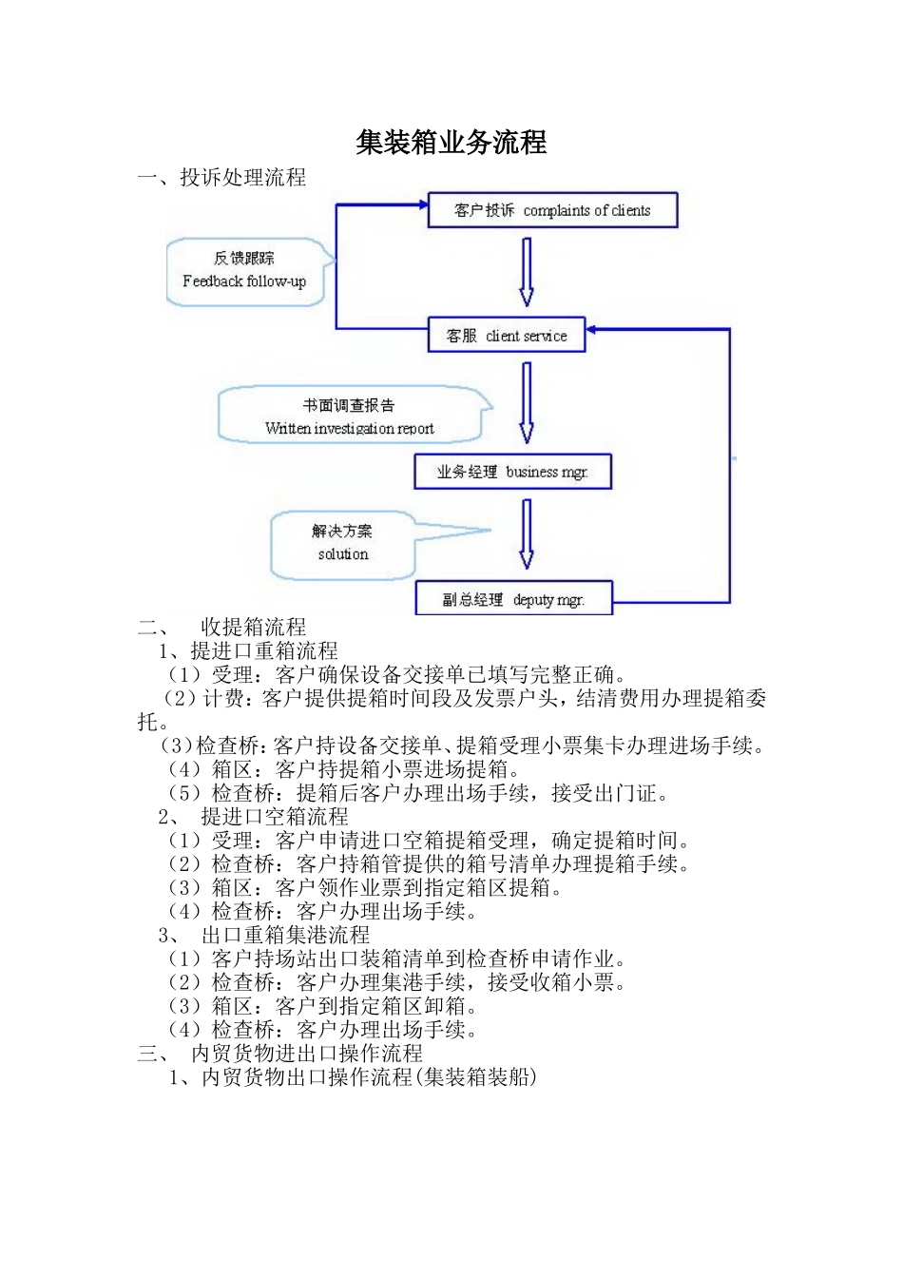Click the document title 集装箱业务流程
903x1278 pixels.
451,143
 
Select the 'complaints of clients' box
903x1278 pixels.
552,210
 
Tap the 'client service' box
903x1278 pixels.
506,336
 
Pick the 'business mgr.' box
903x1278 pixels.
512,472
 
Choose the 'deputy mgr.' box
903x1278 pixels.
513,599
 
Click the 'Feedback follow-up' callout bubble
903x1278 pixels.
245,271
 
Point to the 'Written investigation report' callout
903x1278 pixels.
349,416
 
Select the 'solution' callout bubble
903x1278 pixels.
342,544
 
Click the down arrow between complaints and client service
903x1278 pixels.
526,272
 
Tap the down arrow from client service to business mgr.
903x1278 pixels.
526,403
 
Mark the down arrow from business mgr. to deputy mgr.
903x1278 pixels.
526,534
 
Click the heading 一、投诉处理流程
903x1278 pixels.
221,177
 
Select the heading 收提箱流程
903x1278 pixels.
253,627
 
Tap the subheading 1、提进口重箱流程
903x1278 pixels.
248,650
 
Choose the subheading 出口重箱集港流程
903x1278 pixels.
285,935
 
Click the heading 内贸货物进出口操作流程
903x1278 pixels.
306,1054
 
